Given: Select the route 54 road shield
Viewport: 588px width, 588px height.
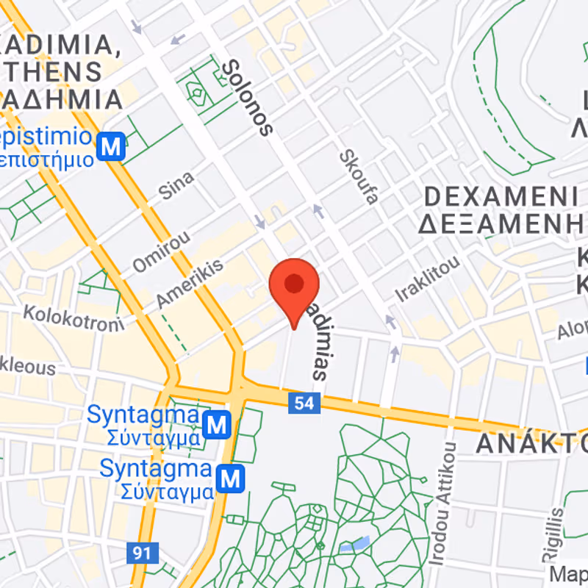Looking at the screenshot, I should [x=304, y=402].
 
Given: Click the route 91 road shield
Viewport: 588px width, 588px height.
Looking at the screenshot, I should [x=142, y=552].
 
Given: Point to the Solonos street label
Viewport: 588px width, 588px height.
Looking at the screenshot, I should [x=247, y=98].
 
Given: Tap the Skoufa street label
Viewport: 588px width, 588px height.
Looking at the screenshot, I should [x=359, y=177].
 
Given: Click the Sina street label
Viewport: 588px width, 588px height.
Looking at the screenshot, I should [x=176, y=185].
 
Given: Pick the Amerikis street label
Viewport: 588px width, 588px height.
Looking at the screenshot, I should [x=189, y=284].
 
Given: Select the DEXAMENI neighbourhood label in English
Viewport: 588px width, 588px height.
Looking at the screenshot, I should [x=501, y=197].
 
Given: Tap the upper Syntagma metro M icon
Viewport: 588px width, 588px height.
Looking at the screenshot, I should [x=217, y=423].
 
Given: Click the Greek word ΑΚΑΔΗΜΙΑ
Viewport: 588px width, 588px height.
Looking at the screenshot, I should [x=62, y=99].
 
